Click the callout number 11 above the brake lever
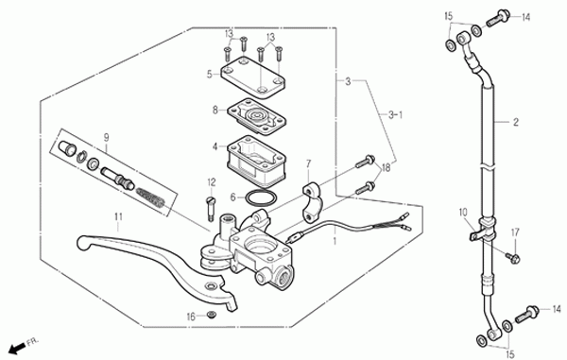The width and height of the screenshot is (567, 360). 119,217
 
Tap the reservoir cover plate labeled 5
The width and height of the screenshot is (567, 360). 252,77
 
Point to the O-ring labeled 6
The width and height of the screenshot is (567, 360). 262,198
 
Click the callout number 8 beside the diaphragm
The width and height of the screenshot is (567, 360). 215,110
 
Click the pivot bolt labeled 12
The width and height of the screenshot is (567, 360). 211,208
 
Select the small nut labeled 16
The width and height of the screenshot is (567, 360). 211,315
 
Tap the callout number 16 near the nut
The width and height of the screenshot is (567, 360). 191,317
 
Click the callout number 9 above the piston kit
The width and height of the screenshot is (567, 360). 106,137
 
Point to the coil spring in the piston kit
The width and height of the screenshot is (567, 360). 151,198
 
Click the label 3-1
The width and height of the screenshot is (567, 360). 396,115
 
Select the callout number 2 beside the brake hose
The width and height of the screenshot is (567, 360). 516,122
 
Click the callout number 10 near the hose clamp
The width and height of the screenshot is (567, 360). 463,212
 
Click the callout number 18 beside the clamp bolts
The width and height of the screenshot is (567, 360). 386,168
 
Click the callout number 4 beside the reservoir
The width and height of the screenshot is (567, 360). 215,146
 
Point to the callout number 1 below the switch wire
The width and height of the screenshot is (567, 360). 335,241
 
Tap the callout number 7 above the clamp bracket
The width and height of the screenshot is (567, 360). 308,164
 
